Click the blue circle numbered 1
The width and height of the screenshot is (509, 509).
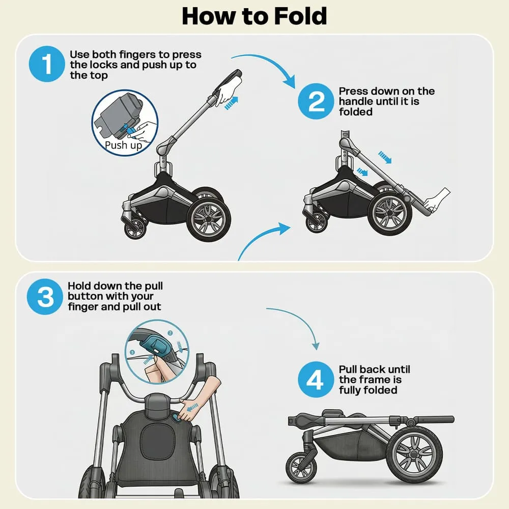coord(47,65)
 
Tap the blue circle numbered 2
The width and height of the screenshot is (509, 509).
coord(316,101)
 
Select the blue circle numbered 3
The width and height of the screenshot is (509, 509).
coord(46,297)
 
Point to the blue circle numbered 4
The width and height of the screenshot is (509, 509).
coord(316,380)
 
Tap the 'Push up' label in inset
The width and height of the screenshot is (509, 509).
coord(123,145)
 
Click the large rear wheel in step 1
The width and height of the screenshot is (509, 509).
coord(209,219)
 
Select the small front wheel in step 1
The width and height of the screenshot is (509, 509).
coord(135,228)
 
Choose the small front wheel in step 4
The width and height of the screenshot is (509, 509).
coord(301,467)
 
